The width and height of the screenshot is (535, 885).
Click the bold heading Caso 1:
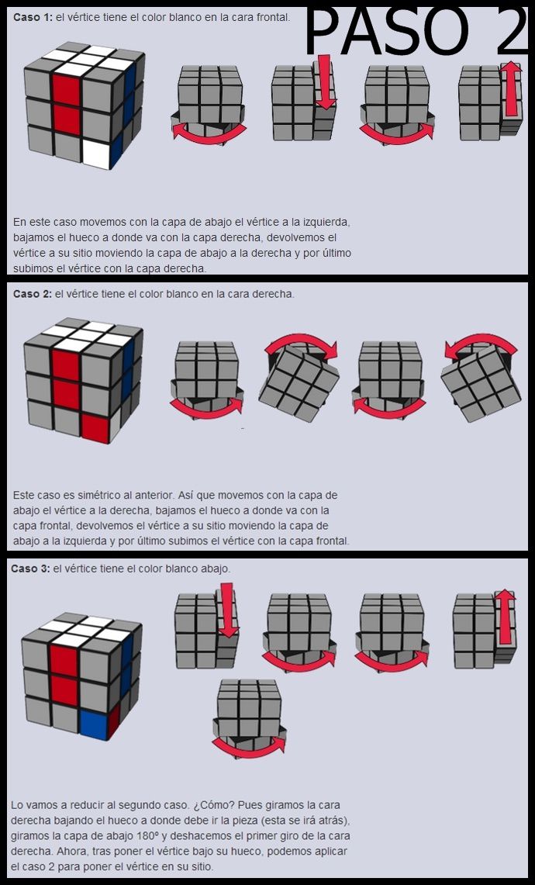pos(32,18)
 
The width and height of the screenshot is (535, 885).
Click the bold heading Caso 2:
pos(32,294)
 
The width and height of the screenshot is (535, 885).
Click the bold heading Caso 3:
pos(30,569)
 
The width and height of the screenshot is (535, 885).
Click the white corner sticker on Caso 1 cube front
pos(97,154)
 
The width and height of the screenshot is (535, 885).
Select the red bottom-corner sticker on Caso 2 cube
pos(95,427)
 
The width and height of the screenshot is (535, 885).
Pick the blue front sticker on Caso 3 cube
pos(94,724)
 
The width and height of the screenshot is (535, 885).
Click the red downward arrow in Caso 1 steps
pos(325,82)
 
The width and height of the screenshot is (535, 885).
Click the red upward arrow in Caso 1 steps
pos(511,89)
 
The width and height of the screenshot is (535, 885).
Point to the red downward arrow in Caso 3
pos(227,610)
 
